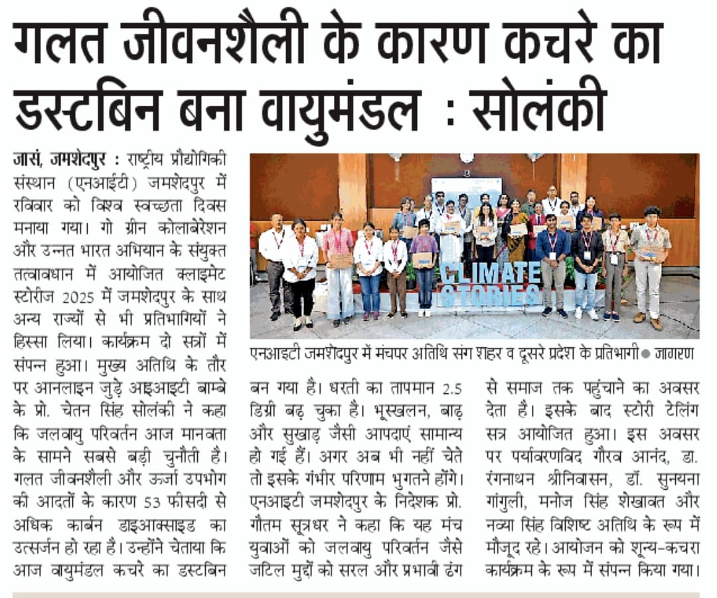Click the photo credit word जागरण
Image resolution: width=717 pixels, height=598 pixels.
click(x=676, y=354)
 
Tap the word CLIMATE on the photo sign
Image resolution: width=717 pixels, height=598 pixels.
click(x=491, y=272)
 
